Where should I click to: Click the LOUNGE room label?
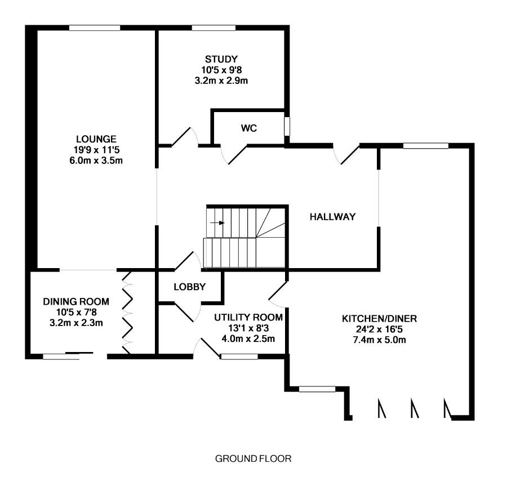coord(96,139)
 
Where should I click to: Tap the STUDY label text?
coord(221,59)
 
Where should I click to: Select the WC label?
coord(248,128)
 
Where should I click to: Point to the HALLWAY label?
coord(332,217)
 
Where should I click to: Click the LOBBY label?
coord(189,287)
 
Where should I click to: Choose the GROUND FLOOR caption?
coord(253,458)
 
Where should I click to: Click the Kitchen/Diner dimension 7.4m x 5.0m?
coord(379,340)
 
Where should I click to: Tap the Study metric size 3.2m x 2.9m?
coord(221,81)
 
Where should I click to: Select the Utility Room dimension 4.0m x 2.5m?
coord(248,338)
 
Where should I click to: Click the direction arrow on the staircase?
coord(218,222)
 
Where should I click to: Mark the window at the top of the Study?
coord(213,28)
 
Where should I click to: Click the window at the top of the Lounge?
coord(95,28)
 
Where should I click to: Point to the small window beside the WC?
coord(287,126)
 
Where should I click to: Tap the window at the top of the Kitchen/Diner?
coord(426,146)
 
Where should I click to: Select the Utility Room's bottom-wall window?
coord(239,356)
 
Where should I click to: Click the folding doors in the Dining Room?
coord(127,313)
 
